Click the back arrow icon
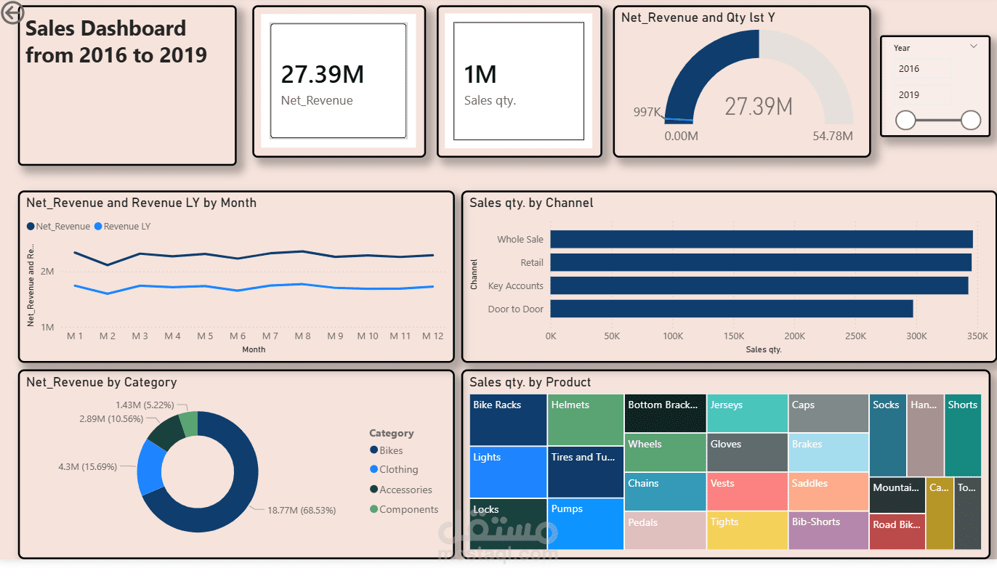pos(12,12)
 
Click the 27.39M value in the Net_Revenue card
pos(322,74)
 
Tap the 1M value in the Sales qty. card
pos(480,74)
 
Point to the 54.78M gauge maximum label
pos(833,137)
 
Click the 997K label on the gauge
pos(647,112)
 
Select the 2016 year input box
pos(921,69)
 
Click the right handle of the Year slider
pos(971,121)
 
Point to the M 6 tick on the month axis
pos(238,336)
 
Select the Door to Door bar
pos(731,309)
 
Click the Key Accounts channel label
pos(515,286)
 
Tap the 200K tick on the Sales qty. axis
pos(794,336)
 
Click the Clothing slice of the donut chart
pos(150,466)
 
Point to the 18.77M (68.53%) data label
pos(302,511)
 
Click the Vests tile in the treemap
pos(746,491)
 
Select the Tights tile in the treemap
pos(746,531)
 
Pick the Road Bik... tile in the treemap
pos(897,532)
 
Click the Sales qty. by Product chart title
pos(530,382)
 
